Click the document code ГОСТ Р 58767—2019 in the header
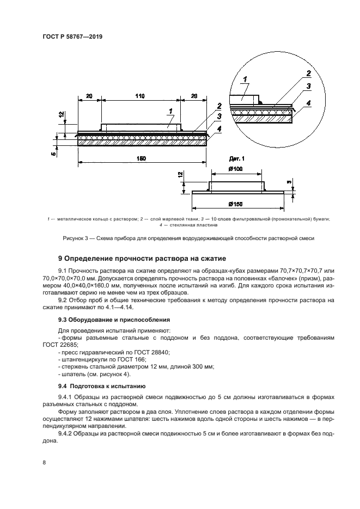click(72, 36)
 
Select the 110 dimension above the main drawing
click(140, 96)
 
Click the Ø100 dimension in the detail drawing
click(235, 170)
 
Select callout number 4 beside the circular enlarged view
click(308, 102)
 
